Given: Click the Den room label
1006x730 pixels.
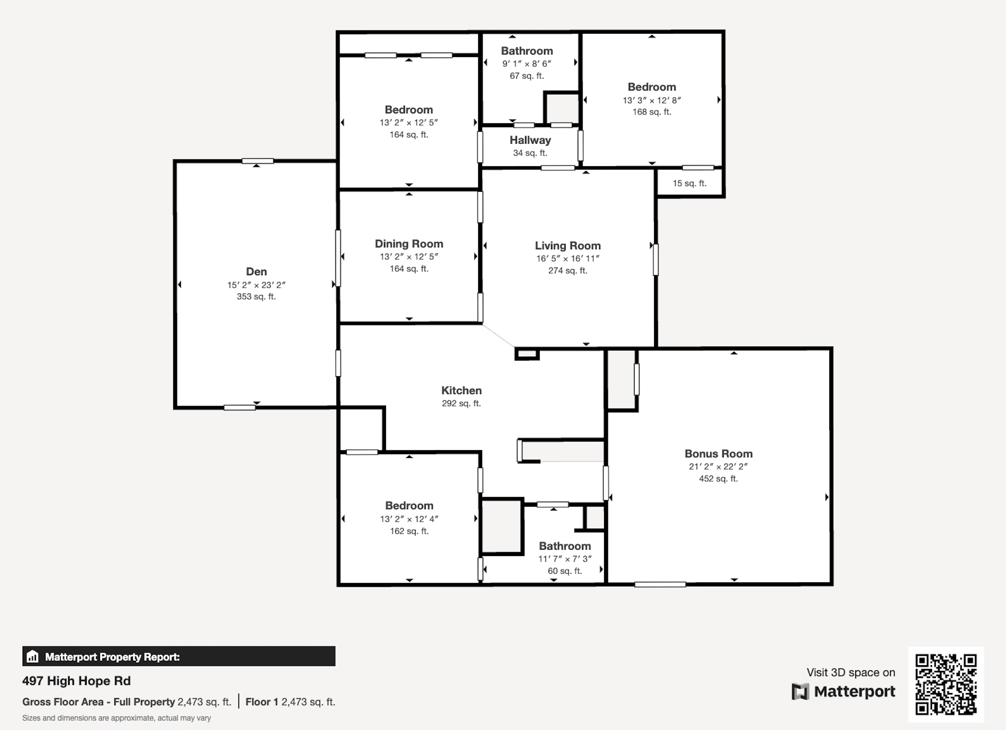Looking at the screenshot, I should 256,271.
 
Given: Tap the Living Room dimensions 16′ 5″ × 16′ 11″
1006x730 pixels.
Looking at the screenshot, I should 567,258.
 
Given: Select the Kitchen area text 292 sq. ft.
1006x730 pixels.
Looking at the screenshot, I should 461,403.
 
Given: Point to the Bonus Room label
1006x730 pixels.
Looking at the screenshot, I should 718,453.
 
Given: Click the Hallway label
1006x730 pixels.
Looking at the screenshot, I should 530,140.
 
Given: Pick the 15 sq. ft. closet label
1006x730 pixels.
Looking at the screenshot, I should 689,183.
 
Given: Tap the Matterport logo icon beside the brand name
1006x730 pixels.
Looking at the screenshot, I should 800,692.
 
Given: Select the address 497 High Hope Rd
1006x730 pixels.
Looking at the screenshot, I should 76,681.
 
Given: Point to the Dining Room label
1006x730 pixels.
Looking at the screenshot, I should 409,244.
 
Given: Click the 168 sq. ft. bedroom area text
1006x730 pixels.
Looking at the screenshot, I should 652,112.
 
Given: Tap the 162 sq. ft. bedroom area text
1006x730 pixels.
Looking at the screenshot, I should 409,531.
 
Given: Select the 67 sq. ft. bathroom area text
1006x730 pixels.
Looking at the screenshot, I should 526,76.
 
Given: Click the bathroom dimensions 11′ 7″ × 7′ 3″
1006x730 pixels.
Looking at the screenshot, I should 564,559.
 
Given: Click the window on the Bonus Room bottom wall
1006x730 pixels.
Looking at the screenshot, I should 660,585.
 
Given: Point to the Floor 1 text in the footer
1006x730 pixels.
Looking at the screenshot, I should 262,701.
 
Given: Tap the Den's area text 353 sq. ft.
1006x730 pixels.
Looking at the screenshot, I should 256,297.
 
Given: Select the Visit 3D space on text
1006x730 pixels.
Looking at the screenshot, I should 850,672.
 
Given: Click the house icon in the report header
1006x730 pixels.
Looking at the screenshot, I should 32,656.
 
